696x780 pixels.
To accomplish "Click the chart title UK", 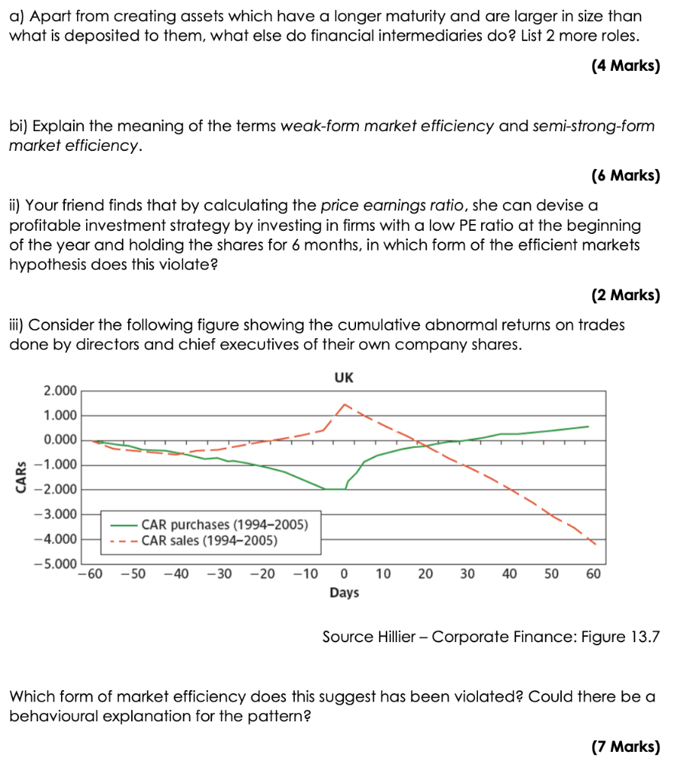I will [x=344, y=378].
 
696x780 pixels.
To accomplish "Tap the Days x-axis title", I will [x=344, y=592].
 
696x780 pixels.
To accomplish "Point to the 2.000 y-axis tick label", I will [x=60, y=391].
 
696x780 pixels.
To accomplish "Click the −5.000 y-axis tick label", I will [x=57, y=564].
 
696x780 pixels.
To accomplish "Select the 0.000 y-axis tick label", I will [x=60, y=440].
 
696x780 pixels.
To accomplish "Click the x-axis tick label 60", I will [x=594, y=575].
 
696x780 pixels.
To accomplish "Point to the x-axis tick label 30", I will [x=467, y=575].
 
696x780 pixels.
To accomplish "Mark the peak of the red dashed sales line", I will [x=345, y=404].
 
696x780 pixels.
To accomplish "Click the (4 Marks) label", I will [x=625, y=66].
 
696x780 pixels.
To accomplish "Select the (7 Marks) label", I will [x=625, y=746].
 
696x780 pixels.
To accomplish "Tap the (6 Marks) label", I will [x=625, y=175].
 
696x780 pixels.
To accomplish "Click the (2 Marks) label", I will [x=625, y=295].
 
